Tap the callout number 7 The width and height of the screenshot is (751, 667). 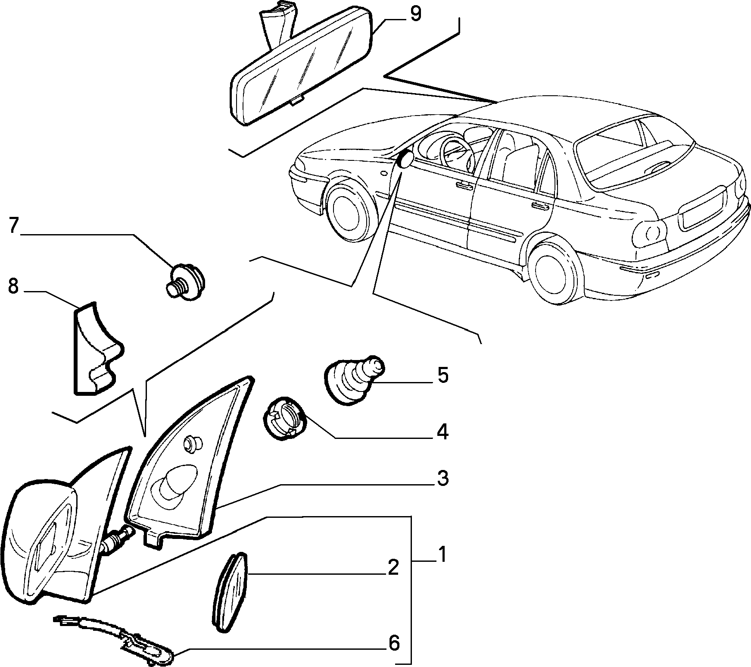(x=13, y=225)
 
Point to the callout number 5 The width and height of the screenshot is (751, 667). (x=442, y=376)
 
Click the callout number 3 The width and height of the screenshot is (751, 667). (x=442, y=479)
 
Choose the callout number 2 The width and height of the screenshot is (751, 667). (x=393, y=568)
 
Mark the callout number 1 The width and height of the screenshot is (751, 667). (x=442, y=555)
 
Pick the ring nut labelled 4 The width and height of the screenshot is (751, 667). (x=284, y=418)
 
